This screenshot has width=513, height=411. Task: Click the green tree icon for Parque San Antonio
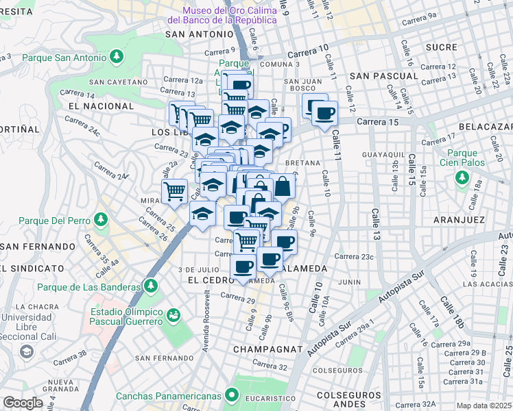[x=117, y=56]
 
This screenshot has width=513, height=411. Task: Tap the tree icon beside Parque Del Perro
[x=101, y=220]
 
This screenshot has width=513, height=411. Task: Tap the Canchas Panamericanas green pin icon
[x=232, y=395]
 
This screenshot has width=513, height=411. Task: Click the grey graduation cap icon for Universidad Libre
[x=26, y=351]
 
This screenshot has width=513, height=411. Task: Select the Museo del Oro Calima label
[x=230, y=15]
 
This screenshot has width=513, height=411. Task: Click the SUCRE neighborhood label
[x=440, y=47]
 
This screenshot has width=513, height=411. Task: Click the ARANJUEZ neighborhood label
[x=460, y=220]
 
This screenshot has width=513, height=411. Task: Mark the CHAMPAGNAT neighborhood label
[x=267, y=349]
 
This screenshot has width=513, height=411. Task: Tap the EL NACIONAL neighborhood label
[x=101, y=106]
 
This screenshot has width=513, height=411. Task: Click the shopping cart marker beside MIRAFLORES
[x=175, y=191]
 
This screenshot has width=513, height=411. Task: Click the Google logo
[x=23, y=403]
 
